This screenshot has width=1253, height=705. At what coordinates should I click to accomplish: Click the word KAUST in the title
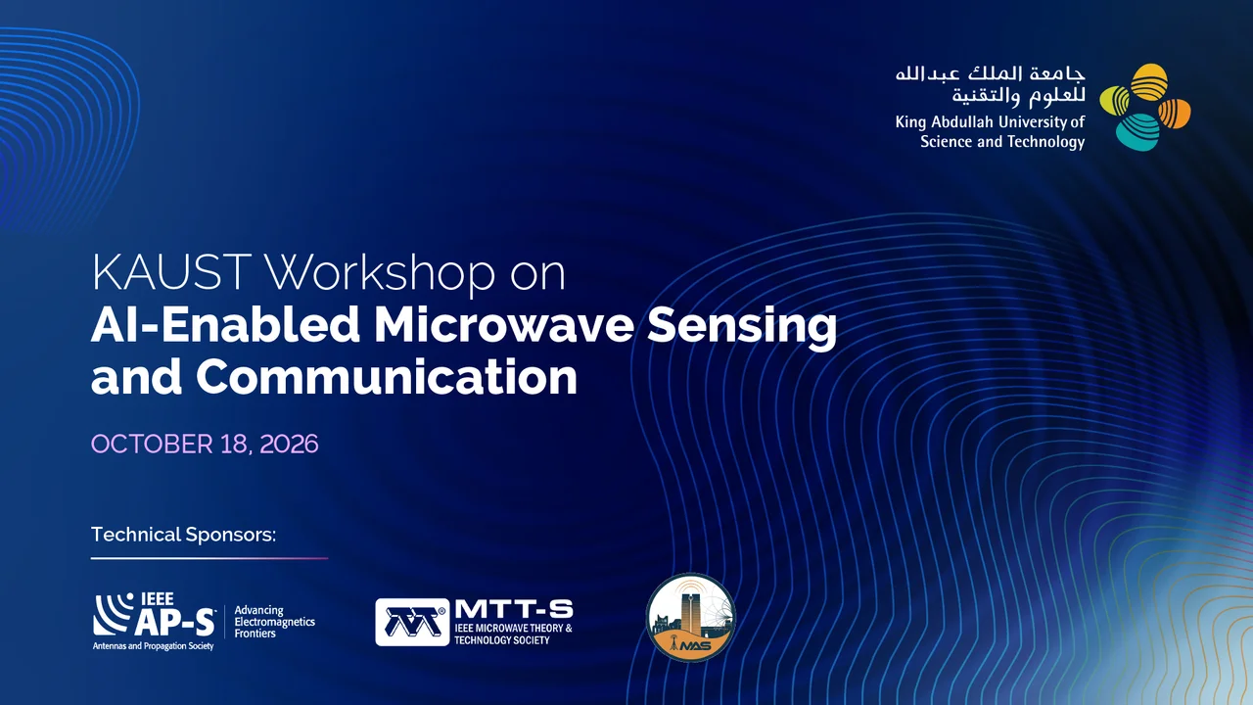point(171,272)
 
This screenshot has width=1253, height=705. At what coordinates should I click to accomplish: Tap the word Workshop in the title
point(380,272)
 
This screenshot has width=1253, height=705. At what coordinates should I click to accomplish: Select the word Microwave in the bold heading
point(504,325)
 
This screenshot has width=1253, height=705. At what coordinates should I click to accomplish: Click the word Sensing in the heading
point(742,328)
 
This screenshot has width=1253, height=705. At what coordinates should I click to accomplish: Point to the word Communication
point(387,378)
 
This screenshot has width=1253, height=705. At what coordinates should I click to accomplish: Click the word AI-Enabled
point(225,325)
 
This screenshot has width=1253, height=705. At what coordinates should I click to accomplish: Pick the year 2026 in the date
point(289,445)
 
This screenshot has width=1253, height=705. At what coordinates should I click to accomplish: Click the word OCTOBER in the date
point(152,445)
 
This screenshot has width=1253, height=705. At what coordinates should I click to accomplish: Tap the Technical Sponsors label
point(183,535)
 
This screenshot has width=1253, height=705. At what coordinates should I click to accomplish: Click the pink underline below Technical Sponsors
point(209,558)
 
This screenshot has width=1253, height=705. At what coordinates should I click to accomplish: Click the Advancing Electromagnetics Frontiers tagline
point(274,622)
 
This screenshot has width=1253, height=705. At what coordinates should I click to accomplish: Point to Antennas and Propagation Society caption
point(154,646)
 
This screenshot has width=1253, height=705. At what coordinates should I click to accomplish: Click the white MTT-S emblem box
point(412,622)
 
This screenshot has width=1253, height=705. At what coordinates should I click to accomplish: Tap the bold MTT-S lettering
point(514,609)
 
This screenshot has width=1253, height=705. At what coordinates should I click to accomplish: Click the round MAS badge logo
point(691,618)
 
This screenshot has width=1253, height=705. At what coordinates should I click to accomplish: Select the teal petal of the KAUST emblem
point(1137,132)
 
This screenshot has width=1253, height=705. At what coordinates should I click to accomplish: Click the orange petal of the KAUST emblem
point(1174,113)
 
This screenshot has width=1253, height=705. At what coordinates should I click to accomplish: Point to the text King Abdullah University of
point(990,122)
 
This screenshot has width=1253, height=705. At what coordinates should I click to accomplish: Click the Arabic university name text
point(990,85)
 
